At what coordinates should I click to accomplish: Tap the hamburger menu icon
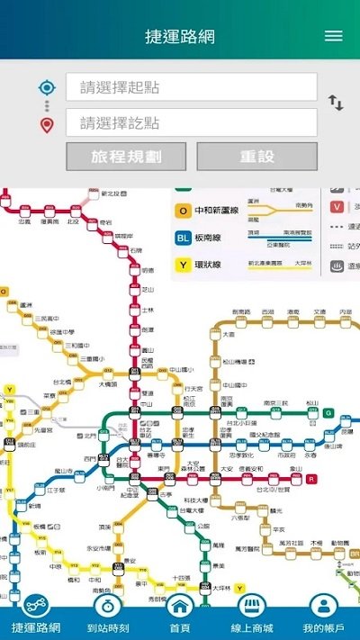(x=334, y=36)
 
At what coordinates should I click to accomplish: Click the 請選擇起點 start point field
(x=192, y=87)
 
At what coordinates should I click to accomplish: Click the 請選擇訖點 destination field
(x=192, y=122)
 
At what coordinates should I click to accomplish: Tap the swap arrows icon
(x=336, y=103)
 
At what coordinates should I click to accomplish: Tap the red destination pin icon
(x=47, y=124)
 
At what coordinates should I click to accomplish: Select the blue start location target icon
(x=47, y=87)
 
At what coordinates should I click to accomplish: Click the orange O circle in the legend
(x=182, y=212)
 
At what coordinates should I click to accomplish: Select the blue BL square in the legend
(x=182, y=239)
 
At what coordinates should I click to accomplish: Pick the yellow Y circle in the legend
(x=182, y=266)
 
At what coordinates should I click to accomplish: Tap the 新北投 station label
(x=115, y=194)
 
